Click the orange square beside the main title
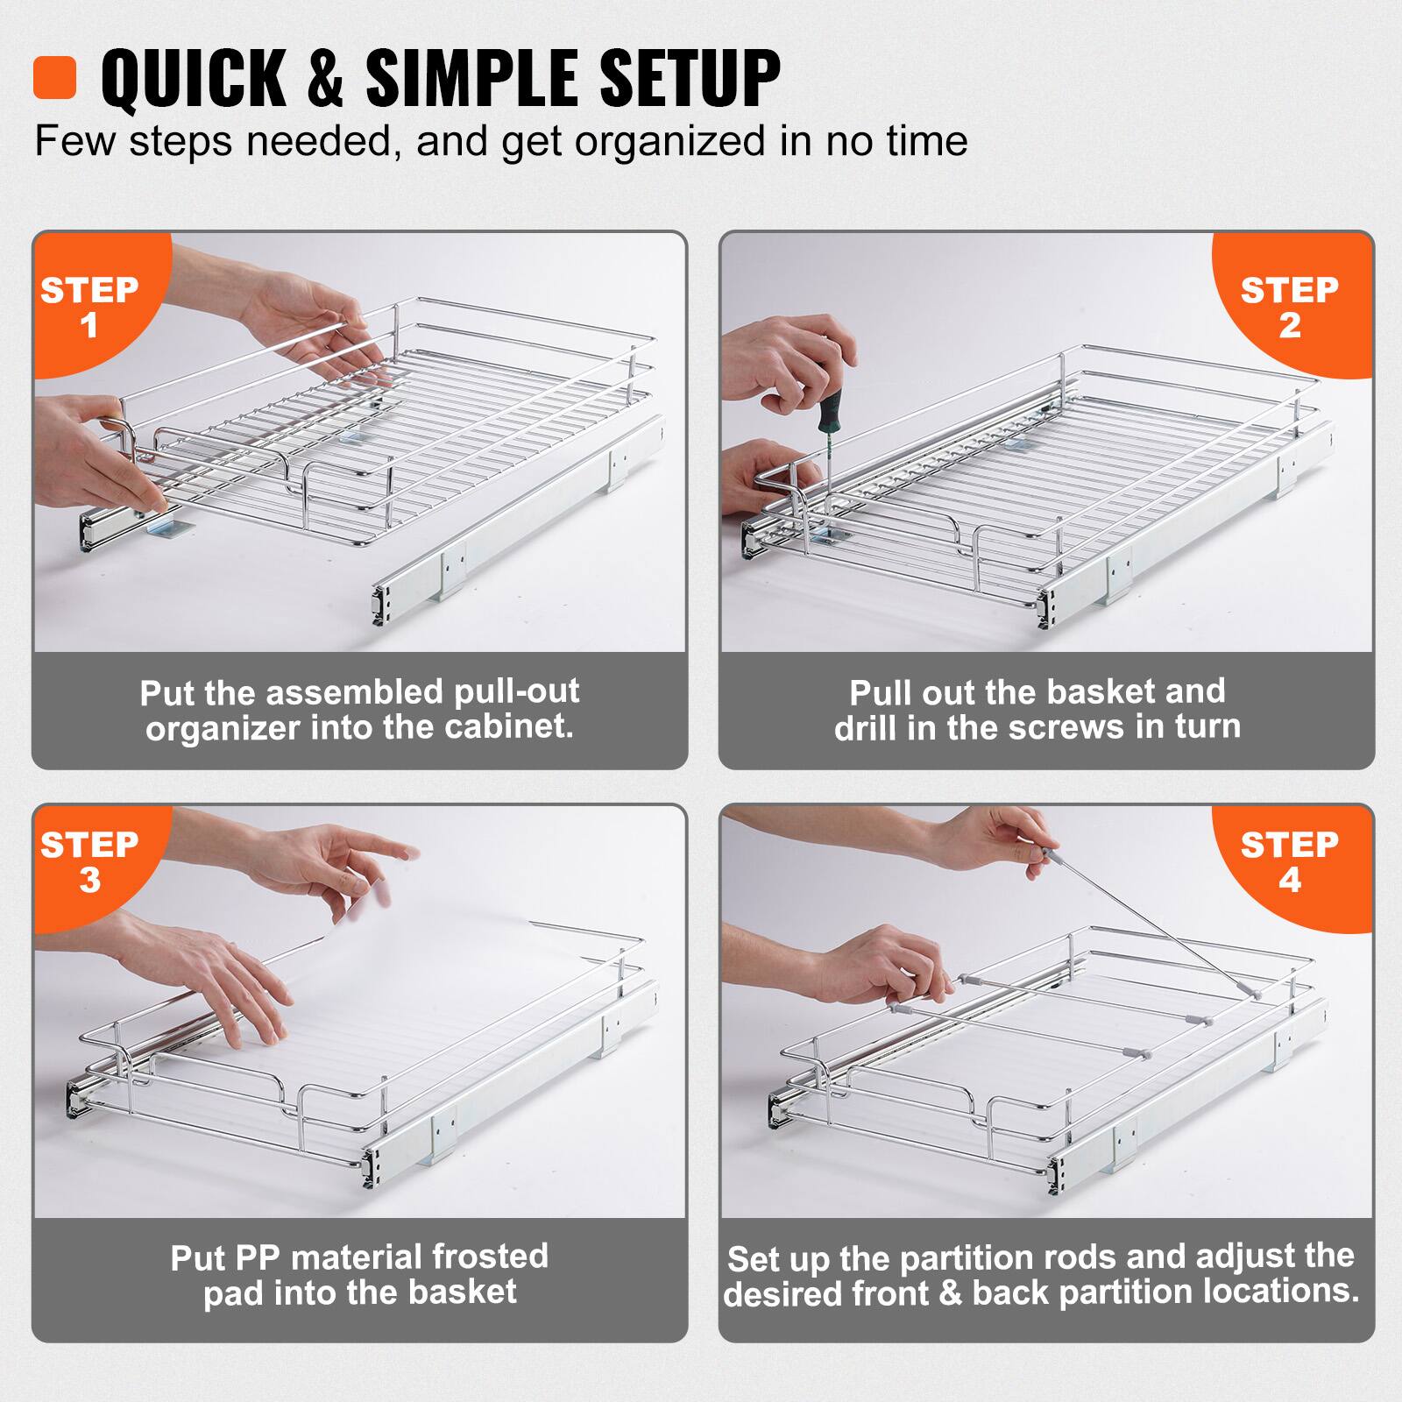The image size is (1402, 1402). coord(54,78)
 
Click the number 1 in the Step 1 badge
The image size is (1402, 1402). coord(89,326)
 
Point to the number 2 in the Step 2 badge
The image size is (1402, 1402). coord(1289,326)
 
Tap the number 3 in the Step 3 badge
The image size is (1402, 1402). coord(89,881)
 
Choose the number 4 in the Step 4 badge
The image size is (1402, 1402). coord(1289,881)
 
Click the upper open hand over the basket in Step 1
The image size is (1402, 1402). coord(307,307)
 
